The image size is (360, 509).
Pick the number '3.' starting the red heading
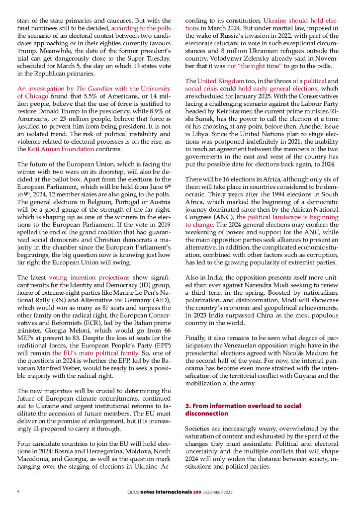187,406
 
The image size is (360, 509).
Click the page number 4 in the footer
18,492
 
